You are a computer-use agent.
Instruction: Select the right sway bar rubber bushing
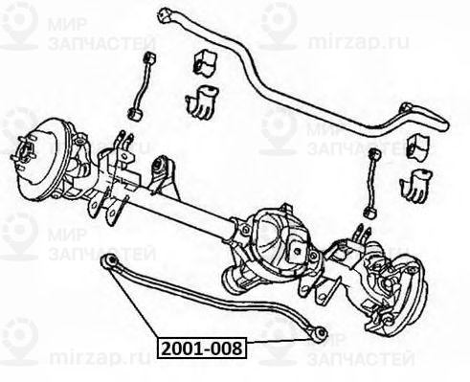pos(417,146)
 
